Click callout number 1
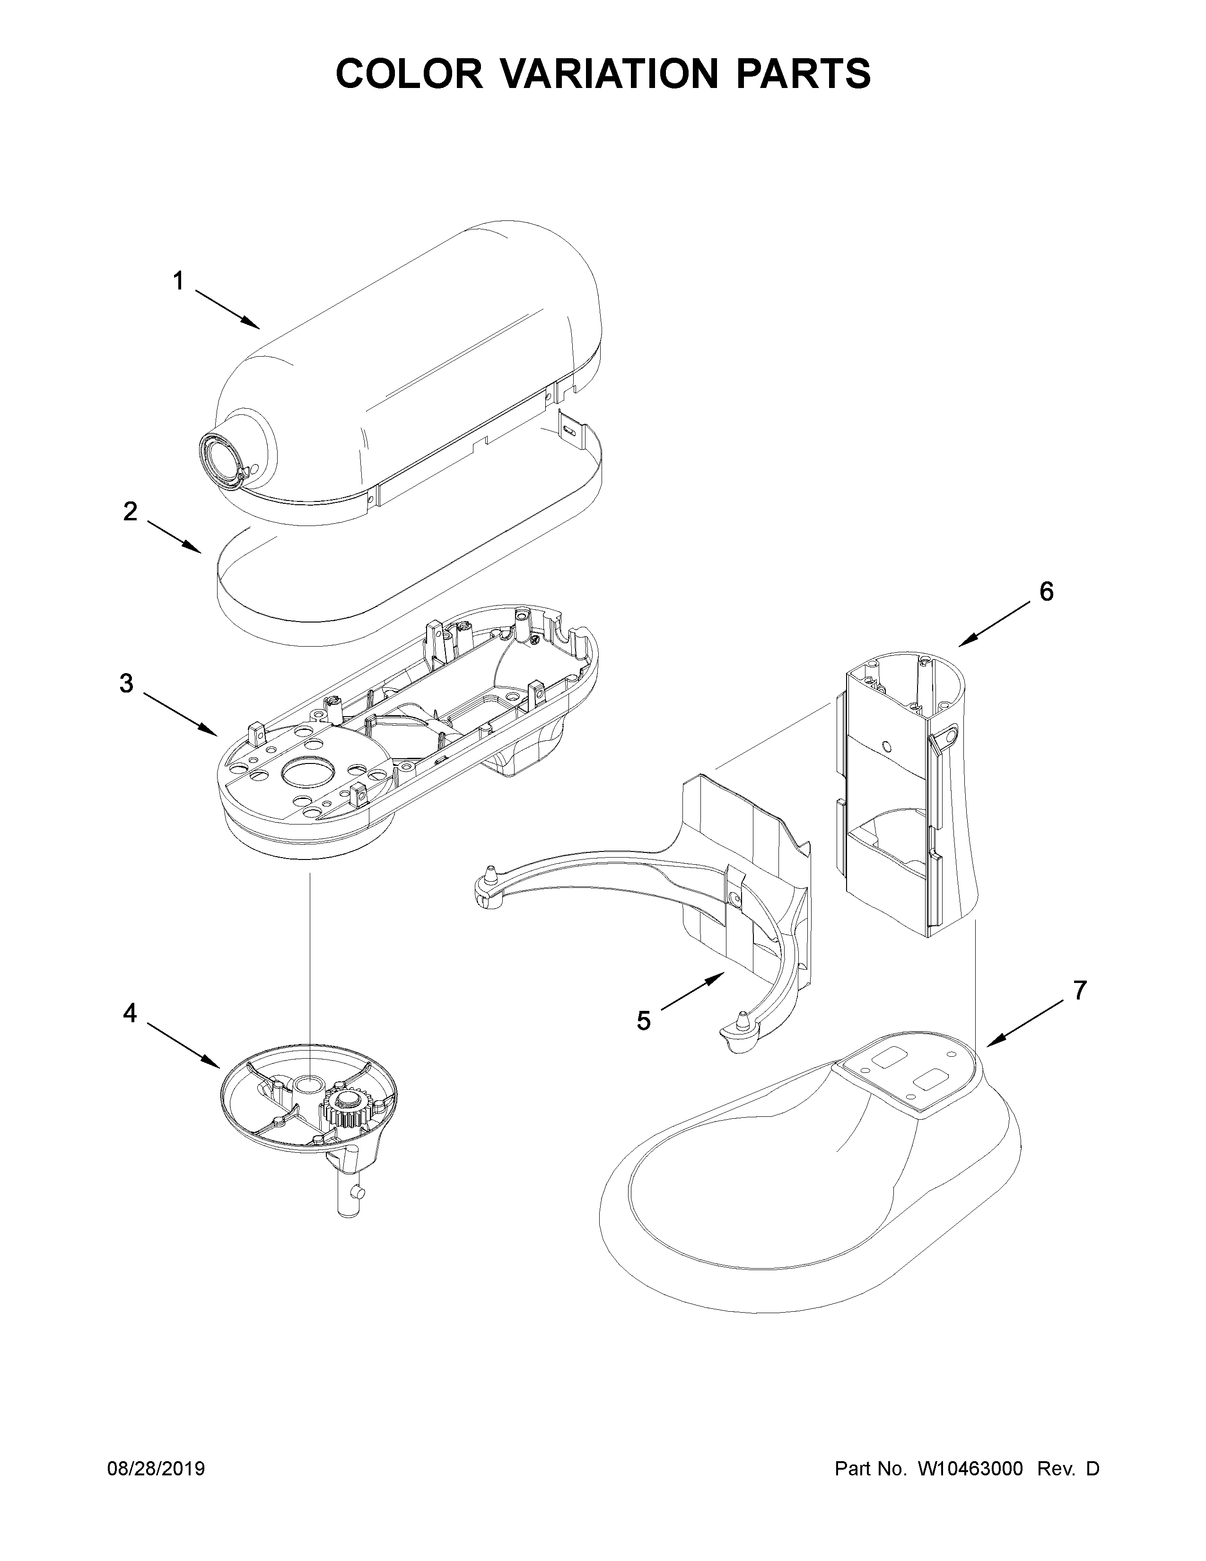coord(179,281)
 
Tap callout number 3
coord(126,684)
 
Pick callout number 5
coord(644,1021)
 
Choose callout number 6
coord(1046,591)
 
